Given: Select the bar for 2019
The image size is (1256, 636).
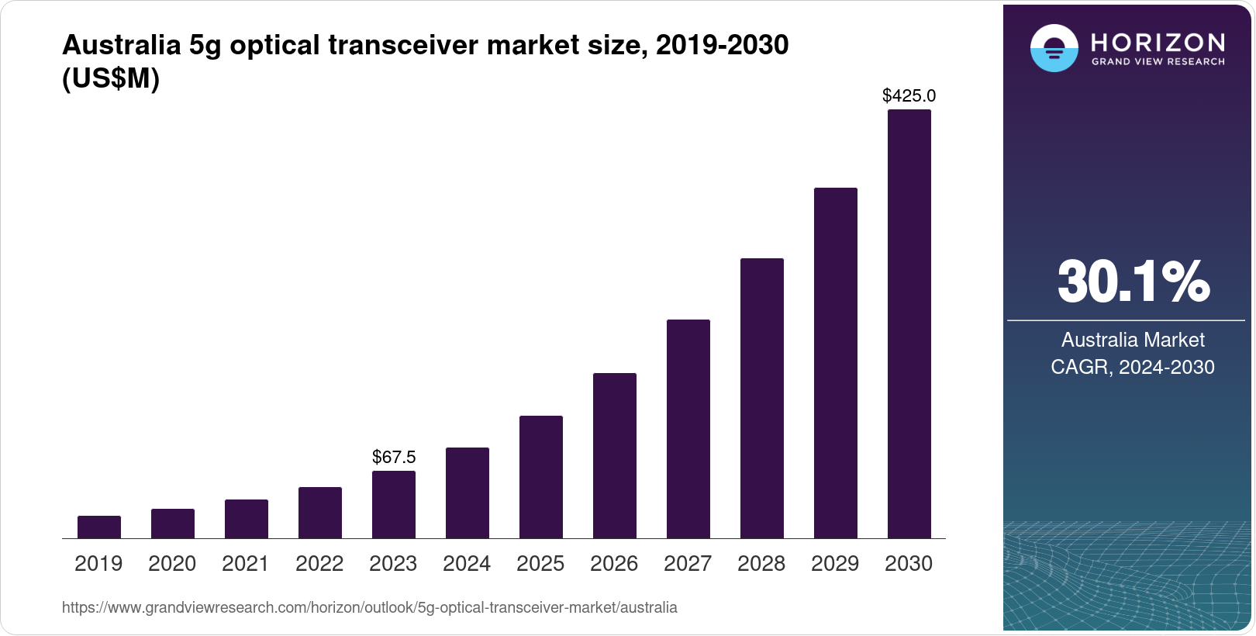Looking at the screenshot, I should coord(99,527).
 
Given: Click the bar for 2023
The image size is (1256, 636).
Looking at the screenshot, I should coord(394,504).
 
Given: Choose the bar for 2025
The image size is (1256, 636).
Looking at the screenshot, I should coord(541,477).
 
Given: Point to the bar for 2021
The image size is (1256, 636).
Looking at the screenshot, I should coord(247,519).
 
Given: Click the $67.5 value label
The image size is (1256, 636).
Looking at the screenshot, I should coord(394,457).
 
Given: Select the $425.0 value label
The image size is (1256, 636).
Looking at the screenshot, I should coord(909,96).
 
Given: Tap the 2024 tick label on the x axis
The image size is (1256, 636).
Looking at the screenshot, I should coord(467,564).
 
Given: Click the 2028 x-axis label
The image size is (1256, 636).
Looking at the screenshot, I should coord(761,564).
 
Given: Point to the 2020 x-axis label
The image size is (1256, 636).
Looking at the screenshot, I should coord(172,564).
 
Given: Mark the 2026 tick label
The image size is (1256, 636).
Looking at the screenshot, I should coord(614,564).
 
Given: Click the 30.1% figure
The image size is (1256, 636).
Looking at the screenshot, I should coord(1133,282).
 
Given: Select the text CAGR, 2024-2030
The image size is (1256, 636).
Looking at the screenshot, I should coord(1133,367).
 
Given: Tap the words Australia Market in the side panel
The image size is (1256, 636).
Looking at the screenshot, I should coord(1133,340).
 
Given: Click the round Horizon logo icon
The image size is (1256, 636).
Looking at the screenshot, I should coord(1054,48).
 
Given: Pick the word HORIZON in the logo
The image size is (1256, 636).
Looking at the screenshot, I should coord(1158,42).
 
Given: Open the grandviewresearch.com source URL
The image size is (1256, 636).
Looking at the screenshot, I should coord(369,607).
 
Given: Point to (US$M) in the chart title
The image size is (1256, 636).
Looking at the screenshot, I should coord(111,78).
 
